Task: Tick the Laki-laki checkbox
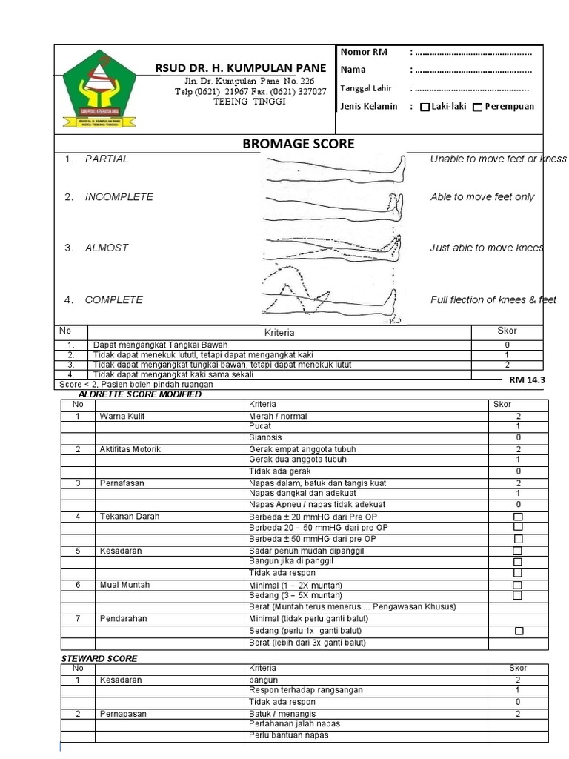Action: click(425, 107)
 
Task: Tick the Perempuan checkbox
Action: click(478, 107)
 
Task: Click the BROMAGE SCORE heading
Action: click(299, 144)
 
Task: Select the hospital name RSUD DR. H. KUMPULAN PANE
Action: click(241, 68)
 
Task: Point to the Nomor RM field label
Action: click(364, 52)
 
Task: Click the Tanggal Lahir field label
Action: click(366, 88)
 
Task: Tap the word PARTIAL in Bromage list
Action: click(107, 159)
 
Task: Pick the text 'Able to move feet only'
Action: click(482, 197)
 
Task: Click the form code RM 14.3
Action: click(527, 380)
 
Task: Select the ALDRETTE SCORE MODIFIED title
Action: click(139, 394)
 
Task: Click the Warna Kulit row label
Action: click(122, 417)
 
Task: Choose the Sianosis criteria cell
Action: click(266, 438)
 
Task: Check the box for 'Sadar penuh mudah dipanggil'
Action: click(518, 551)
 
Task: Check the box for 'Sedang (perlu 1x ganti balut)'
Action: click(519, 631)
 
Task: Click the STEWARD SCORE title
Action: click(99, 658)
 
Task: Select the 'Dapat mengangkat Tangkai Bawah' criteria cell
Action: click(161, 345)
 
